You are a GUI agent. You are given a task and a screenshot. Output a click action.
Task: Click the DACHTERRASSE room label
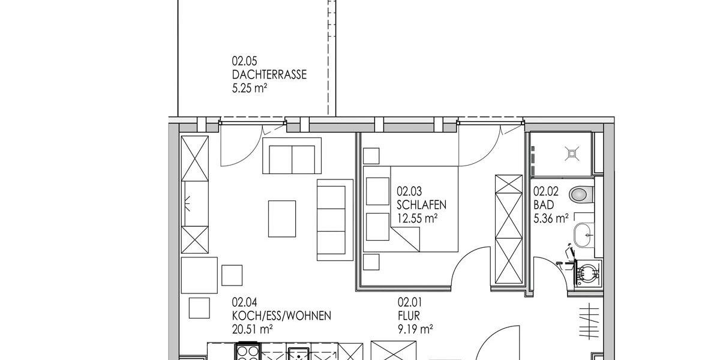269,75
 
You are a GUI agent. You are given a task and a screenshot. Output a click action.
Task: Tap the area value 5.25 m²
249,89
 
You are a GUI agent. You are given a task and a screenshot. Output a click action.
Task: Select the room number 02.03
410,192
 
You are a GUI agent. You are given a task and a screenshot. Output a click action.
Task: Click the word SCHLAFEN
422,205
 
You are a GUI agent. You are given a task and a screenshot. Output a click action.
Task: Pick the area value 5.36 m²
551,219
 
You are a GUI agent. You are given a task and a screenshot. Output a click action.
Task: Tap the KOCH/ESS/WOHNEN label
281,316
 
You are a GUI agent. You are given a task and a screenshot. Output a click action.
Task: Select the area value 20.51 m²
253,329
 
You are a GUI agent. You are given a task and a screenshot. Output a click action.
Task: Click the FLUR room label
408,316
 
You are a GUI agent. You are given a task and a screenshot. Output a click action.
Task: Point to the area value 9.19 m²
415,329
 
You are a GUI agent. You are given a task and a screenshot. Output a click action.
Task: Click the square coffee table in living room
281,218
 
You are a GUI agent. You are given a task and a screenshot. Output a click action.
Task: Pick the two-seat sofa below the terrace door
292,155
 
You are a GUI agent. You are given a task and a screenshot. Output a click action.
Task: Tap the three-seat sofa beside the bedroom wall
334,220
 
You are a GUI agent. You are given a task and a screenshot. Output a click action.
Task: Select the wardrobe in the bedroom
508,229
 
